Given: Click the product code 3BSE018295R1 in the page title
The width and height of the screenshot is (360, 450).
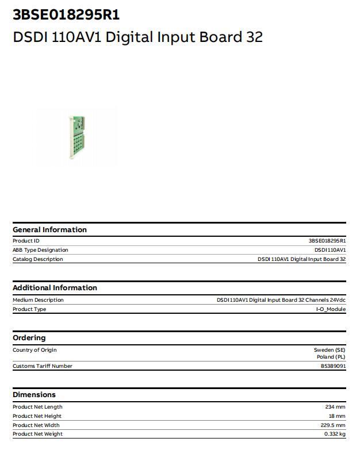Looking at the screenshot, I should point(66,14).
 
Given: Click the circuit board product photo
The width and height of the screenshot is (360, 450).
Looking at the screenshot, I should point(76,137).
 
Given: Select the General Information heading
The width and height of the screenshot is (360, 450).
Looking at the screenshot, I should point(49,229).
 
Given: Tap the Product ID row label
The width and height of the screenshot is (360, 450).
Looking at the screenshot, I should point(26,241).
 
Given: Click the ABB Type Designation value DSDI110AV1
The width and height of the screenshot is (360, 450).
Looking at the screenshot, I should point(330,250).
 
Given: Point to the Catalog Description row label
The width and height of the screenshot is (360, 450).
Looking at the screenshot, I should point(38,259).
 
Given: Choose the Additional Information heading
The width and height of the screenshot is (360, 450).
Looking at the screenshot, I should point(55,287).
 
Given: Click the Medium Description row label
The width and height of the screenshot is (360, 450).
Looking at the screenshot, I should point(38,300).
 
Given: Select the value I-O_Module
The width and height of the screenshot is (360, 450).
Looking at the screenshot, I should point(331,309).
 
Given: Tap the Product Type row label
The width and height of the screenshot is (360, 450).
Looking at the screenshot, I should point(29,309).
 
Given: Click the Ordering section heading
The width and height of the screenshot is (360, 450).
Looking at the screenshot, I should point(29,337).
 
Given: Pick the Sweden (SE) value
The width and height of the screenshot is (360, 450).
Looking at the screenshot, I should point(330,350).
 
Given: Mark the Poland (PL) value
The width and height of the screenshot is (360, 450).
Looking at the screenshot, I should point(331,357).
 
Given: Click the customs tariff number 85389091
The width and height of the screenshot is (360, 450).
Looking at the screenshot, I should point(333,366).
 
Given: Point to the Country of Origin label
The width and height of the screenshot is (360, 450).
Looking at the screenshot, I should point(35,350).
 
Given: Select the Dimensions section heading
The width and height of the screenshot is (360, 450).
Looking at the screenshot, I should point(34,394).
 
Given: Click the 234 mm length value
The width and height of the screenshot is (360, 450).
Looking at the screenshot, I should point(335,407).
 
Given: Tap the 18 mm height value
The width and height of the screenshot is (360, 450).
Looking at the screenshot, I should point(337,416).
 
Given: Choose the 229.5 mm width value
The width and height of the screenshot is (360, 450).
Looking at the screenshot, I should point(333,425).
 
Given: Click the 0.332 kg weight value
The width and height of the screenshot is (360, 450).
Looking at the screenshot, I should point(334,434).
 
